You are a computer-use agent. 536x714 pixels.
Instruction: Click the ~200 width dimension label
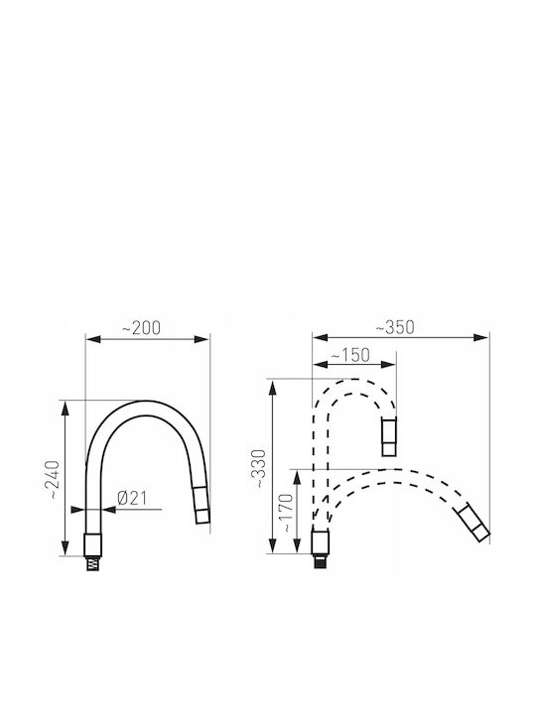pyautogui.click(x=141, y=328)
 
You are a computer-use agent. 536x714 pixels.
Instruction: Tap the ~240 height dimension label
pyautogui.click(x=54, y=480)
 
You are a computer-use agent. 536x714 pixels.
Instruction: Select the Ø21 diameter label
pyautogui.click(x=132, y=498)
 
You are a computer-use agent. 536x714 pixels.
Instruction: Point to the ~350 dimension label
pyautogui.click(x=395, y=327)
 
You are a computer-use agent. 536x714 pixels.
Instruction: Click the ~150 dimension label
pyautogui.click(x=350, y=355)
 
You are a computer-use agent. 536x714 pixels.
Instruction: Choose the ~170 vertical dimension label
pyautogui.click(x=286, y=513)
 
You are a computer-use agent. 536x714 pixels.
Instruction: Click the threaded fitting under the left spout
pyautogui.click(x=93, y=563)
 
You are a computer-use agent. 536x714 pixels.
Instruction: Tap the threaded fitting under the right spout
pyautogui.click(x=320, y=561)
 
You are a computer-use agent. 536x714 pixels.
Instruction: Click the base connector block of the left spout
pyautogui.click(x=93, y=545)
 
